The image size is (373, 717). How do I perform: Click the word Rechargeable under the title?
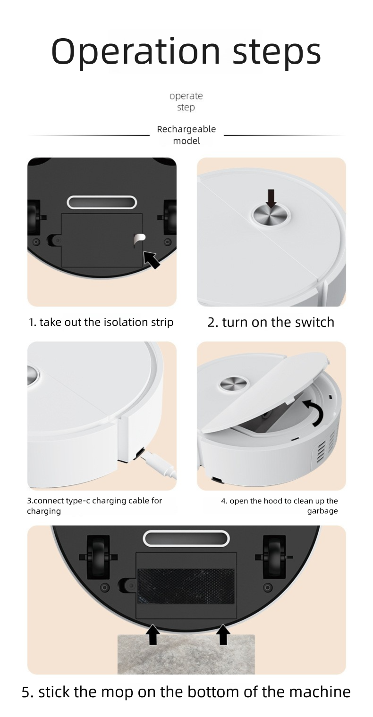186,129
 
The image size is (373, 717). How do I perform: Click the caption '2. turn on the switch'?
271,322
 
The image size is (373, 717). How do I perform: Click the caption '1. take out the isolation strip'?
101,322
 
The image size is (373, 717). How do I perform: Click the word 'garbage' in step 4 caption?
322,511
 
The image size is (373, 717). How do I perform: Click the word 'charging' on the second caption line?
44,511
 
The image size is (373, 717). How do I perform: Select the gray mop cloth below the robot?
186,656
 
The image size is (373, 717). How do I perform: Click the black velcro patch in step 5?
186,586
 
